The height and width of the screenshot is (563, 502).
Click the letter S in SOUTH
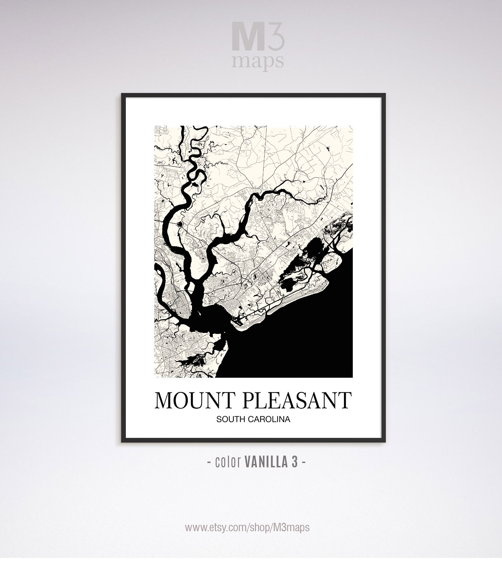219,419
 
